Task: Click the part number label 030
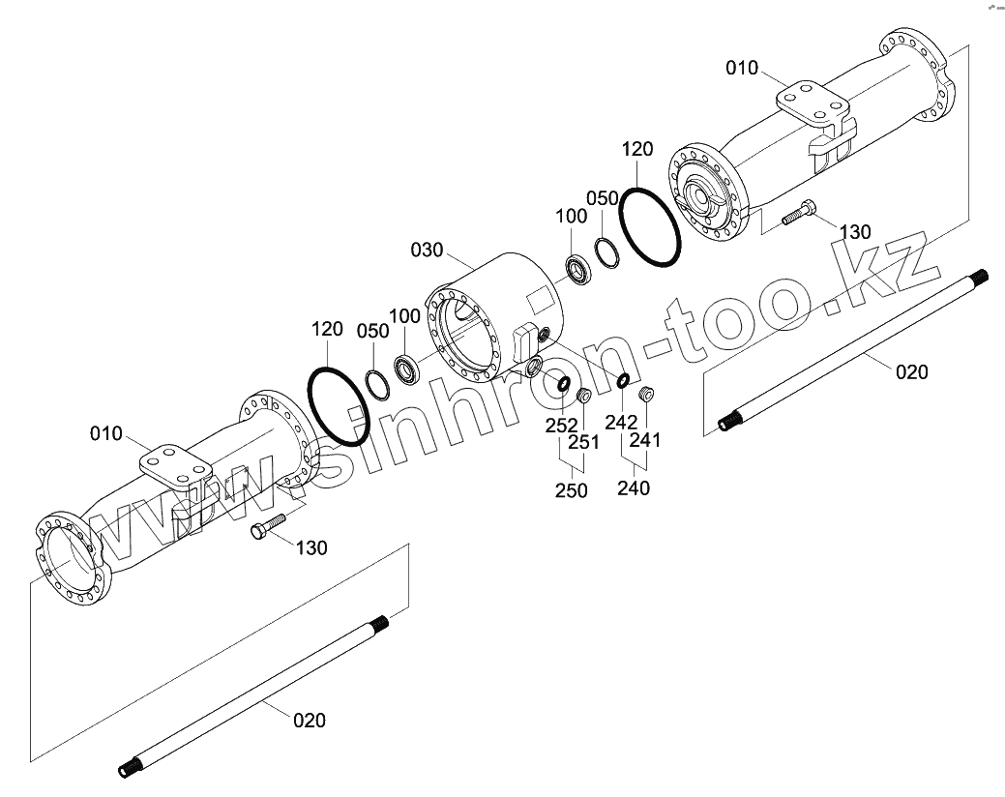tap(427, 251)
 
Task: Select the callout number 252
tap(561, 426)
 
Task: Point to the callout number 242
tap(621, 422)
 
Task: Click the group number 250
tap(571, 490)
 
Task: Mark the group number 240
tap(634, 487)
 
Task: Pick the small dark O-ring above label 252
tap(562, 385)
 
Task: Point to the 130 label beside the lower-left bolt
tap(311, 547)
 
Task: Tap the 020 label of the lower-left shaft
tap(310, 720)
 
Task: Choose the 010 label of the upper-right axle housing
tap(743, 68)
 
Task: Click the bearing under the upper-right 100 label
tap(579, 270)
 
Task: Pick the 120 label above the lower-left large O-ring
tap(327, 329)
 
